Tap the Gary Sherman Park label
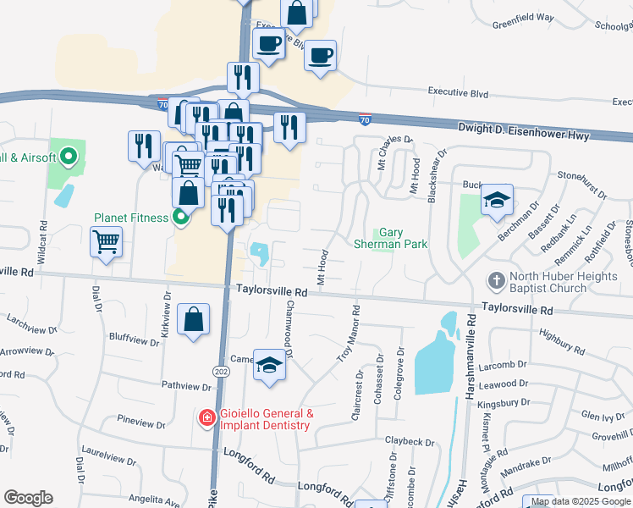point(402,238)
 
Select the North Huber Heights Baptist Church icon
point(497,279)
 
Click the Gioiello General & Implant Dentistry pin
point(206,418)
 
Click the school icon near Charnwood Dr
point(270,365)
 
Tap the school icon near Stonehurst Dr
point(497,200)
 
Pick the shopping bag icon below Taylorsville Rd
point(194,320)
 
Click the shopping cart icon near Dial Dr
point(106,242)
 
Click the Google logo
point(28,498)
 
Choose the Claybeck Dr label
point(410,442)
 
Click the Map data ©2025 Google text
point(581,501)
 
